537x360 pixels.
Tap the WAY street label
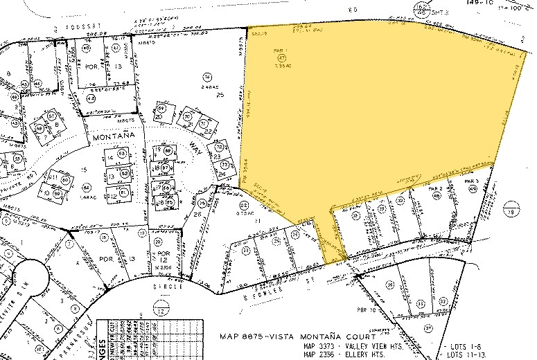tap(196, 146)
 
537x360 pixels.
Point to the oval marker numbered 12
tap(161, 312)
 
